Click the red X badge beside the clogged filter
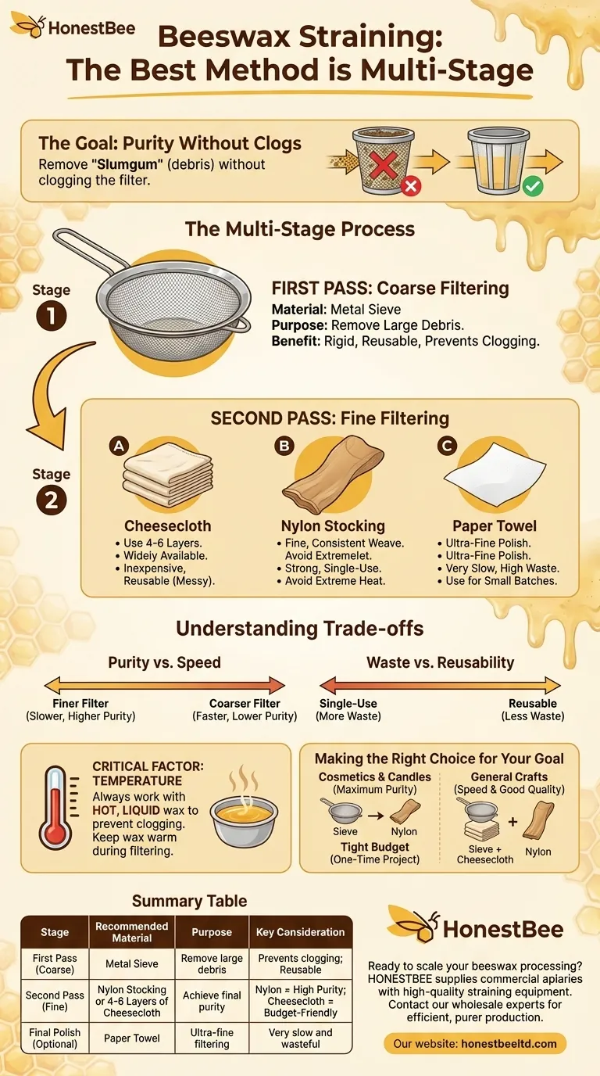(x=411, y=186)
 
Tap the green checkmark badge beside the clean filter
(x=533, y=186)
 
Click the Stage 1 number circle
(x=52, y=316)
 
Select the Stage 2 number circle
(x=52, y=500)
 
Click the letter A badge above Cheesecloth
(x=119, y=447)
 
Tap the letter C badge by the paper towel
(x=446, y=447)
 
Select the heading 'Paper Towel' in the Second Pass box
(x=495, y=526)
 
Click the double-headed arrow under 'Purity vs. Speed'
(x=165, y=685)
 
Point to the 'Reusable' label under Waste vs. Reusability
(x=533, y=703)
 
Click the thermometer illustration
(x=56, y=808)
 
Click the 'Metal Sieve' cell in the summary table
(x=132, y=963)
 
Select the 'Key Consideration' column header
(x=301, y=932)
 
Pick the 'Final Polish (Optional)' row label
(x=55, y=1038)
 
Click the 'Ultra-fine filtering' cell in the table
(x=212, y=1038)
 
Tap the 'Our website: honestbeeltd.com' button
(x=475, y=1043)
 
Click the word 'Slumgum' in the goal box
(x=127, y=164)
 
